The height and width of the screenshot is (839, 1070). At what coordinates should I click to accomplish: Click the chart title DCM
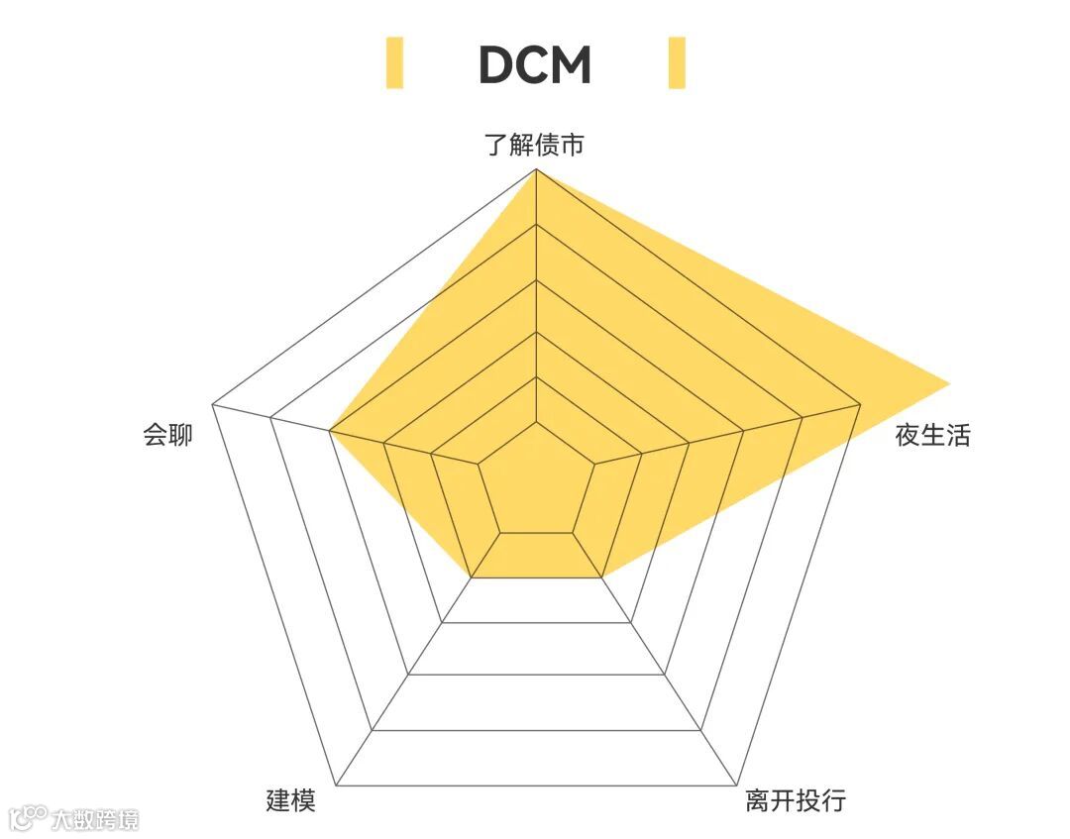tap(535, 64)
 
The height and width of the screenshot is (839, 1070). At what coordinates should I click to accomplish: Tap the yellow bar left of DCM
tap(394, 62)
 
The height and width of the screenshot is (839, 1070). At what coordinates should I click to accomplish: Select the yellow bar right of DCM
tap(677, 62)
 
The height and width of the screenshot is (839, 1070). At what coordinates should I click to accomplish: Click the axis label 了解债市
tap(535, 146)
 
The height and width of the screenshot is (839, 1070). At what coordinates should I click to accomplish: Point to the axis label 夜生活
tap(932, 435)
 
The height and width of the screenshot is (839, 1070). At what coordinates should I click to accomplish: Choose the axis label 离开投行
tap(796, 800)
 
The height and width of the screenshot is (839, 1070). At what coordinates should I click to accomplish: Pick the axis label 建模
tap(291, 800)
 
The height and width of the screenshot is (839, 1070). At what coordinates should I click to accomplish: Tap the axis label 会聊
tap(168, 435)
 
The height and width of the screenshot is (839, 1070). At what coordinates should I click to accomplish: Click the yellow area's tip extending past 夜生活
tap(949, 382)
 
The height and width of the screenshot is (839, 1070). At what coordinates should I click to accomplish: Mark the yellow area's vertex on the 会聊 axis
tap(330, 432)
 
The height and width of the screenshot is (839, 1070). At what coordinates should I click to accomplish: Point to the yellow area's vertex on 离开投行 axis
tap(601, 576)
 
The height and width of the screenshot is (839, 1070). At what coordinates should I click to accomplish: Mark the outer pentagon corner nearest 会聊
tap(213, 404)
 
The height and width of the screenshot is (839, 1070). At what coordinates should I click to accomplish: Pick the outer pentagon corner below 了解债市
tap(536, 169)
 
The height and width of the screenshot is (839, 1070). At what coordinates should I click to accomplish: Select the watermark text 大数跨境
tap(95, 819)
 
